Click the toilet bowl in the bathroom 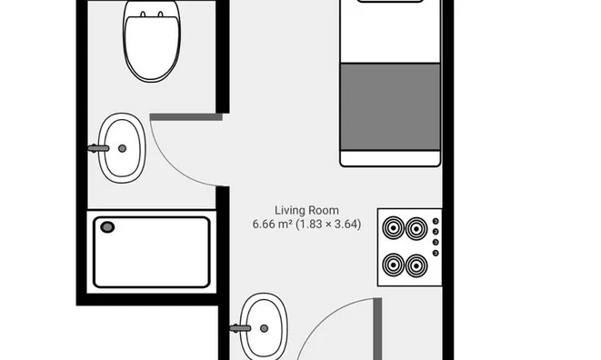pyautogui.click(x=152, y=42)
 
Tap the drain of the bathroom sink pyautogui.click(x=122, y=148)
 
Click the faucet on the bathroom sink pyautogui.click(x=98, y=148)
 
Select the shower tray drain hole pyautogui.click(x=107, y=227)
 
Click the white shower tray pyautogui.click(x=152, y=252)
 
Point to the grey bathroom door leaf pyautogui.click(x=186, y=117)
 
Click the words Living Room pyautogui.click(x=306, y=210)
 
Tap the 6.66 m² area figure pyautogui.click(x=273, y=224)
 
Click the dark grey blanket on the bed pyautogui.click(x=390, y=106)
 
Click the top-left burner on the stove pyautogui.click(x=394, y=228)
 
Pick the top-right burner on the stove pyautogui.click(x=416, y=228)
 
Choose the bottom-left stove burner pyautogui.click(x=394, y=265)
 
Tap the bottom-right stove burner pyautogui.click(x=416, y=265)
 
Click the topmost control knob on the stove pyautogui.click(x=436, y=221)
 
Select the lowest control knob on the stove pyautogui.click(x=436, y=253)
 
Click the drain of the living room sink pyautogui.click(x=264, y=328)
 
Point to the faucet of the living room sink pyautogui.click(x=240, y=328)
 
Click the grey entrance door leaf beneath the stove pyautogui.click(x=377, y=328)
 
